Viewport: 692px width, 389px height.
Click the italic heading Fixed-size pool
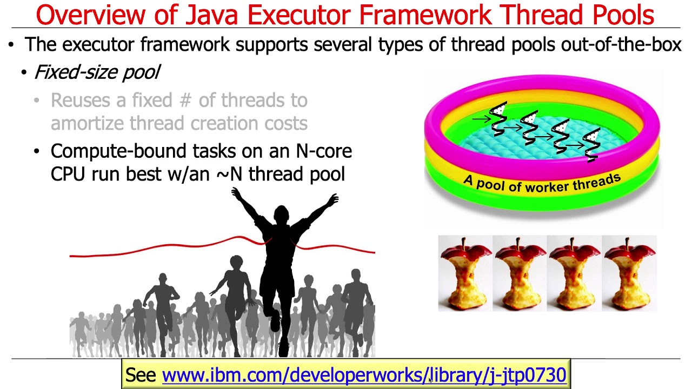[x=97, y=72]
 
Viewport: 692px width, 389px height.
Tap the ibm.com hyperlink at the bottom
[x=364, y=375]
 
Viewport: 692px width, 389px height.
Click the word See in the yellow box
[x=141, y=375]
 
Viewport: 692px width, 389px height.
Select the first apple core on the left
[x=465, y=273]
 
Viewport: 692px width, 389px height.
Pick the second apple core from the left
[x=520, y=273]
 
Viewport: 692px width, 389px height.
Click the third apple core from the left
[x=574, y=273]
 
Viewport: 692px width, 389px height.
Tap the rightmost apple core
[x=629, y=273]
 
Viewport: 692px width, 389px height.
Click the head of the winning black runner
[x=281, y=213]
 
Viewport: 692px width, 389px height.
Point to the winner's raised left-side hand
[x=237, y=193]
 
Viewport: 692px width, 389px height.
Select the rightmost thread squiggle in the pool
[x=593, y=143]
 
